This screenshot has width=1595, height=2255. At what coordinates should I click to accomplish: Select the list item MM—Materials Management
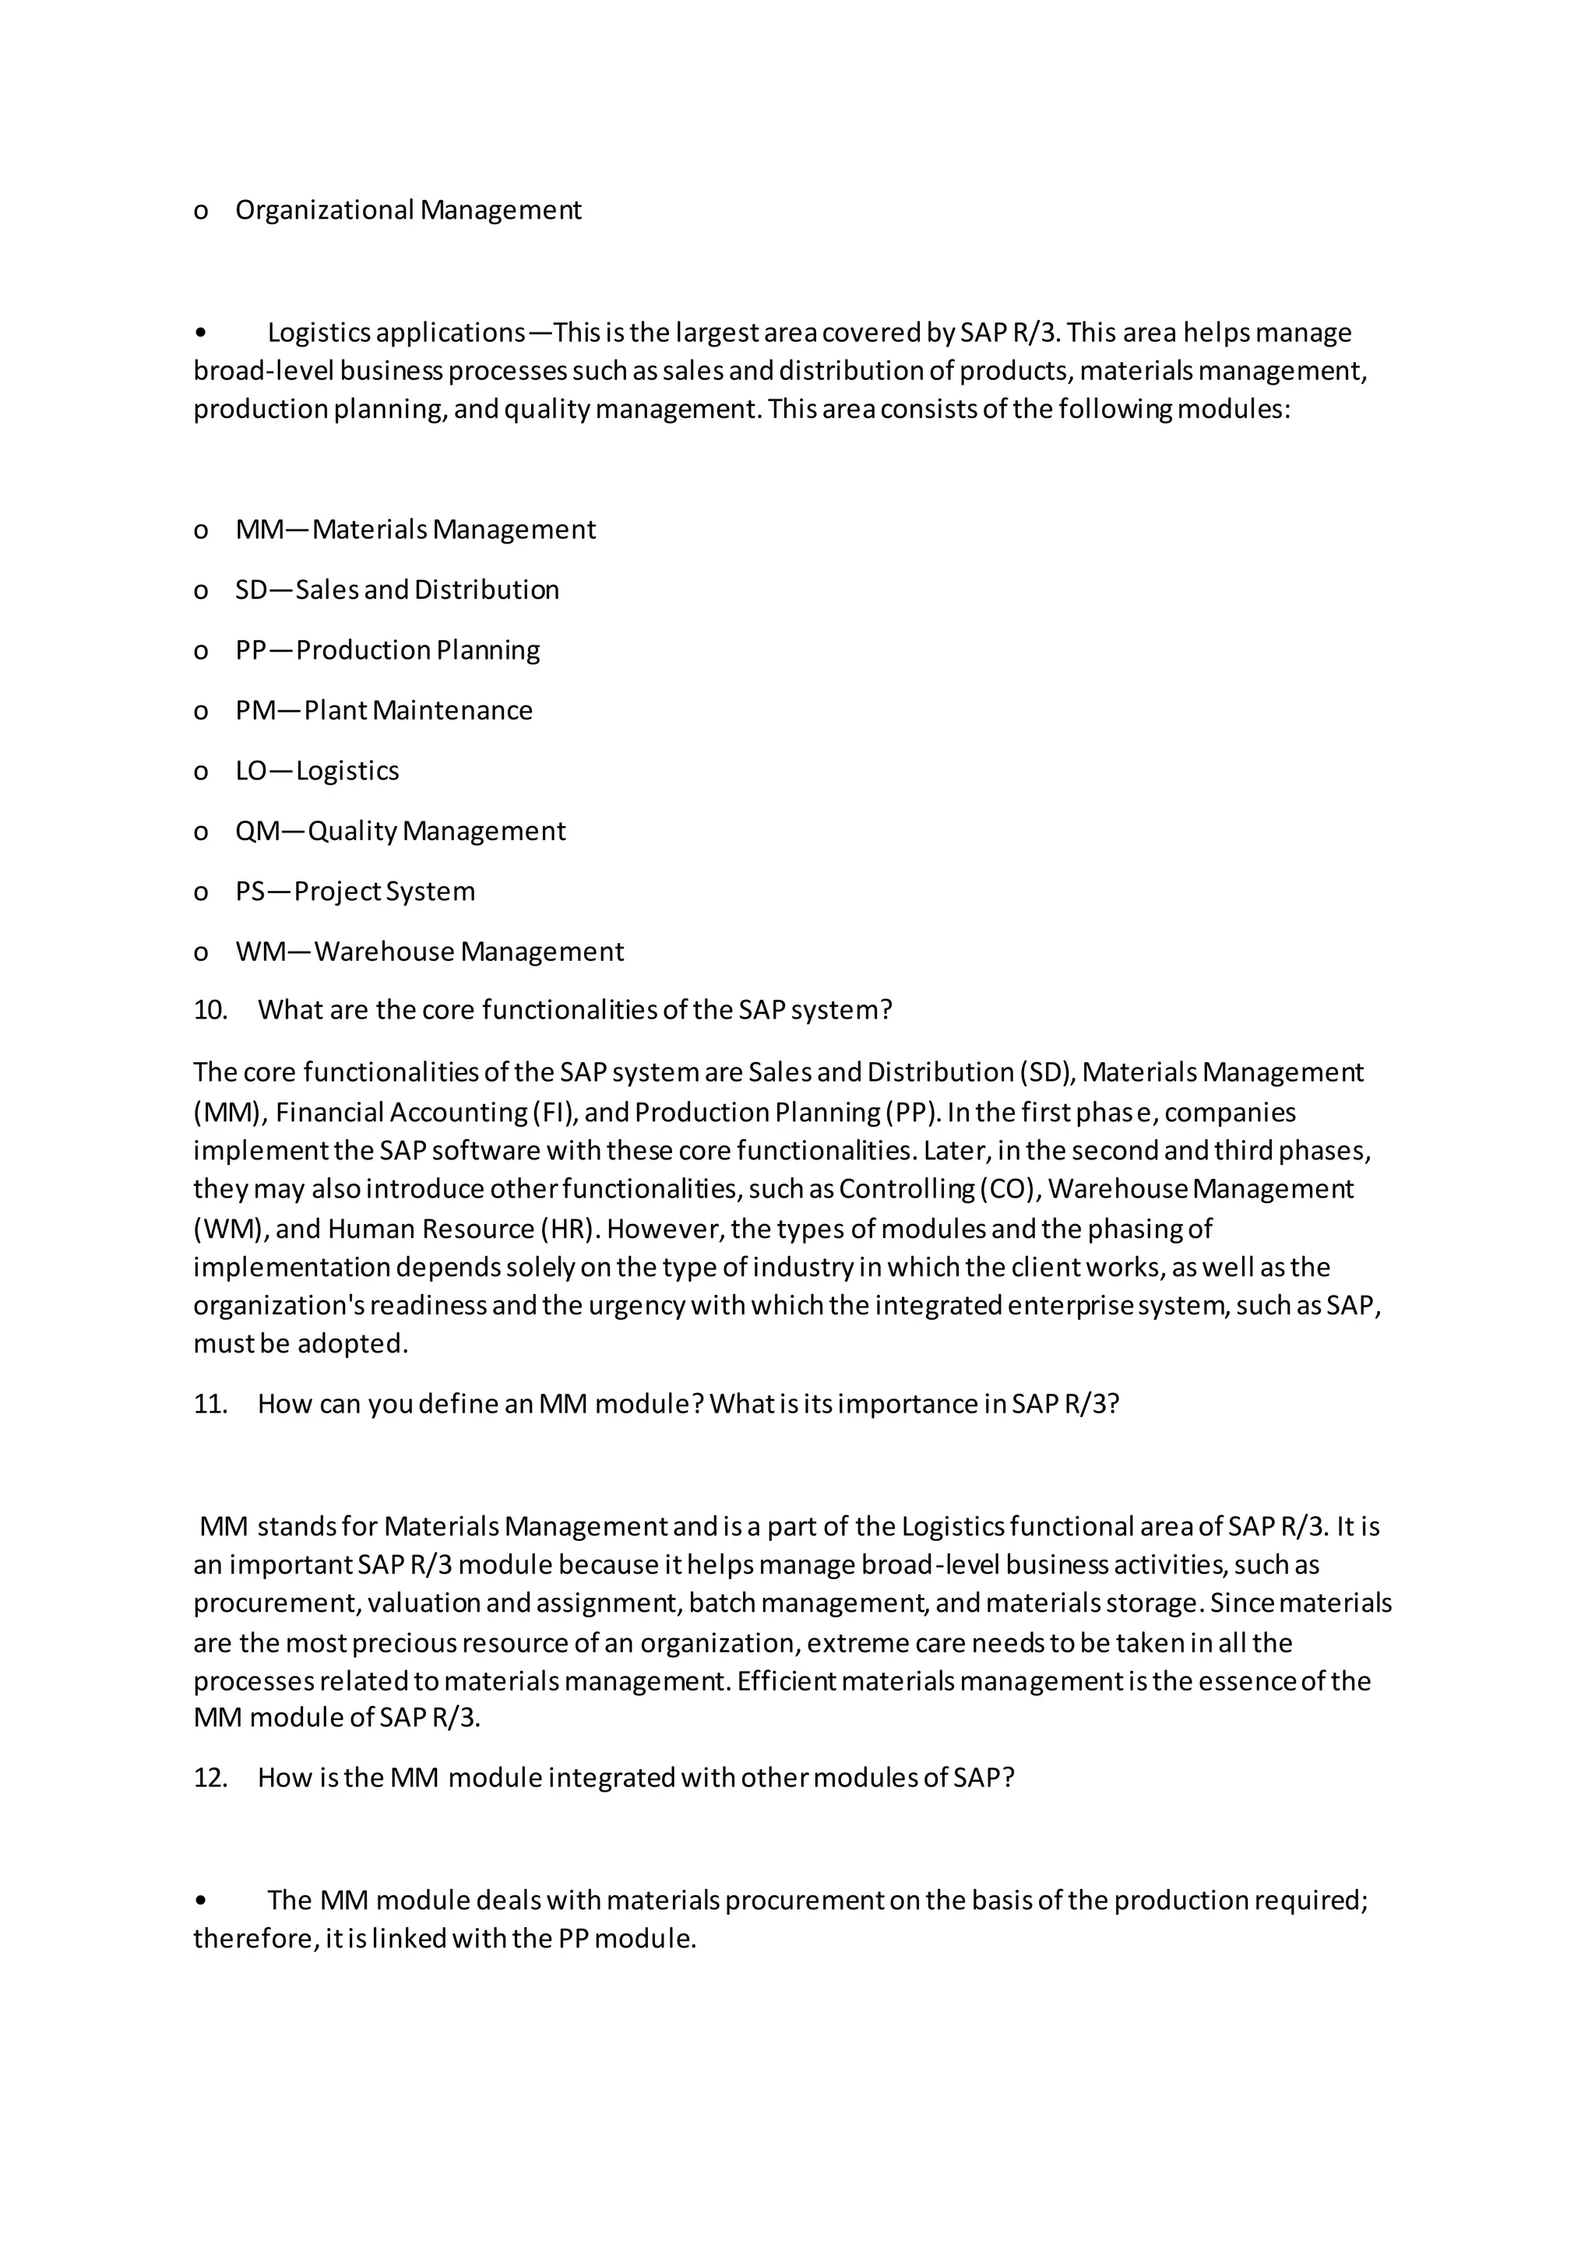tap(414, 529)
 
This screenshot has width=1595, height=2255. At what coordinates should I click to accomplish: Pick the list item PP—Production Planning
tap(387, 650)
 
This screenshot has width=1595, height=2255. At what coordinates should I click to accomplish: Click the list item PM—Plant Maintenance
tap(383, 710)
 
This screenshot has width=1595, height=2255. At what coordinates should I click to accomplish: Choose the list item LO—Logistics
tap(316, 771)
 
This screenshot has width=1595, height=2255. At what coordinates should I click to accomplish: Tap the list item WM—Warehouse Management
tap(429, 952)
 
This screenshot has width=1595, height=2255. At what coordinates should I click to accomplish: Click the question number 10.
tap(209, 1011)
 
